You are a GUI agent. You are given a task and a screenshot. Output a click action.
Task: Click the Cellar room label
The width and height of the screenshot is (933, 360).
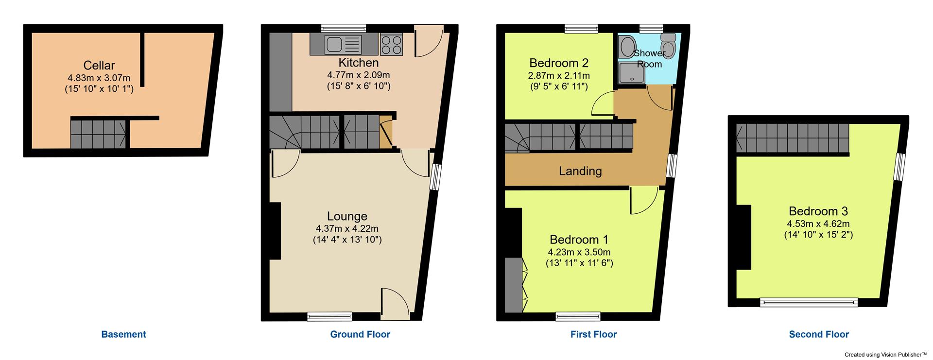point(99,65)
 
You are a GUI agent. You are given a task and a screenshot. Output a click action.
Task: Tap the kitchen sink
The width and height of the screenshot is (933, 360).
point(335,44)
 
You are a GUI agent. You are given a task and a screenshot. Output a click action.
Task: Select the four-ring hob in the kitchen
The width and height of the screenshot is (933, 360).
point(391,45)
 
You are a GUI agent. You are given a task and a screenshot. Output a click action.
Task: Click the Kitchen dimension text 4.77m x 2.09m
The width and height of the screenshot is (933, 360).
point(359,75)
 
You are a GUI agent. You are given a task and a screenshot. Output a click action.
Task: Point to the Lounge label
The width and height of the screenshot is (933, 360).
point(347,216)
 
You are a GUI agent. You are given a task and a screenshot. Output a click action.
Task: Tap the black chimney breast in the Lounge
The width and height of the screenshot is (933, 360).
point(275,231)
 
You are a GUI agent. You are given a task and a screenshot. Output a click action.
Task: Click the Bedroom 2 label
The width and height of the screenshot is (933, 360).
point(559,63)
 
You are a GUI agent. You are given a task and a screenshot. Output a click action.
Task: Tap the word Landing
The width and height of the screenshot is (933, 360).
point(580,171)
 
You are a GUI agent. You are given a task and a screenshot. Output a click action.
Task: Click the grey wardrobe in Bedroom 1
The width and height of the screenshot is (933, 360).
point(513,285)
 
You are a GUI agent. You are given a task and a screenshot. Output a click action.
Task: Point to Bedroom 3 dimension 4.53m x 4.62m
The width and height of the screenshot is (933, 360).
point(818,224)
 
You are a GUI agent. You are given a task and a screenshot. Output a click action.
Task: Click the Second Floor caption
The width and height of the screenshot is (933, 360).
point(819,334)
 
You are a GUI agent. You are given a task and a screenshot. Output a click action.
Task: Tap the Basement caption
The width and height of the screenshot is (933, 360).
point(123,334)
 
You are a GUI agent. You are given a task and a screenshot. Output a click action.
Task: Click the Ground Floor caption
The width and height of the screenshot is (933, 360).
point(360,334)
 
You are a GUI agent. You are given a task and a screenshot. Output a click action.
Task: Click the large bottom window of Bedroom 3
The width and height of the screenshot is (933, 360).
point(809,303)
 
